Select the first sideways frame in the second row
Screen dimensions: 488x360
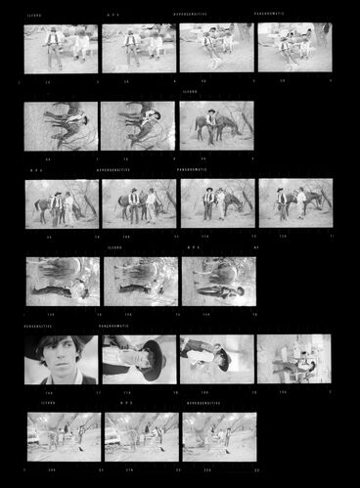point(61,126)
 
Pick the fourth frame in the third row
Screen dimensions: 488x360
point(295,203)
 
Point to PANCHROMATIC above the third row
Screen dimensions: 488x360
point(194,170)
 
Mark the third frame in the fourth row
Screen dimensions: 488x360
point(217,282)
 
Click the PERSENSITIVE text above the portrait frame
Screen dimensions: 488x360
point(38,327)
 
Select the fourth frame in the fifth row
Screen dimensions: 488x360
point(293,359)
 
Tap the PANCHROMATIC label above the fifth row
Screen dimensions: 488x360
point(116,327)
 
